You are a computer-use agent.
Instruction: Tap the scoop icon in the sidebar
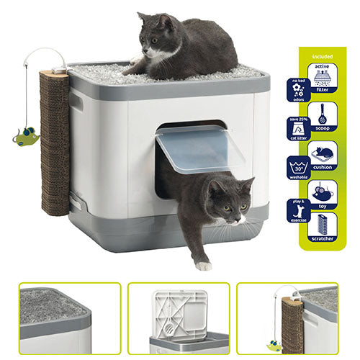pyautogui.click(x=323, y=116)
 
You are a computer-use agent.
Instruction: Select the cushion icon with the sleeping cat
pyautogui.click(x=323, y=155)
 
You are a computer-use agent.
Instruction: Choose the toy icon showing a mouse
pyautogui.click(x=323, y=194)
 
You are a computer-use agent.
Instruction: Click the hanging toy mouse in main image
pyautogui.click(x=26, y=135)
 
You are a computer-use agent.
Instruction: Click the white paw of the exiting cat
pyautogui.click(x=204, y=265)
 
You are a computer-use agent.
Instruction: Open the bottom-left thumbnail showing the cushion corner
pyautogui.click(x=69, y=318)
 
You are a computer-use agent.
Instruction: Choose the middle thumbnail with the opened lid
pyautogui.click(x=179, y=318)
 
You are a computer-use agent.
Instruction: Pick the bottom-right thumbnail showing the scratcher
pyautogui.click(x=288, y=318)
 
